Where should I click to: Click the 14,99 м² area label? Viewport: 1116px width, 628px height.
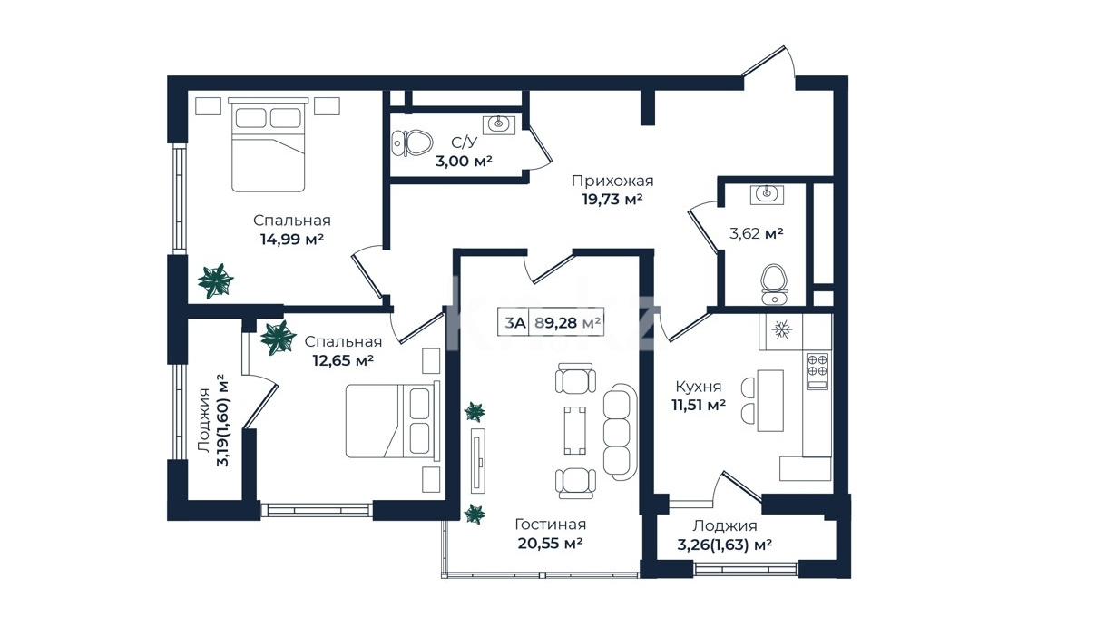click(292, 240)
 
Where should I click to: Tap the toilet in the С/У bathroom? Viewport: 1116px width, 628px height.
click(412, 143)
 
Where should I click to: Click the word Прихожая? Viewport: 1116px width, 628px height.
click(612, 181)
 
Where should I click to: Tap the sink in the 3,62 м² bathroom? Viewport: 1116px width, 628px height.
click(767, 194)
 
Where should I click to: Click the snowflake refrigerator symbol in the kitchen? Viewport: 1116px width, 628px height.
click(781, 330)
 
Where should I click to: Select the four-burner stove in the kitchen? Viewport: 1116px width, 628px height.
click(817, 371)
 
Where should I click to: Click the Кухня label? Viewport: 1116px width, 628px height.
click(698, 387)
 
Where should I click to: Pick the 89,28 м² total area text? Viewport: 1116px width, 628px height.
click(567, 323)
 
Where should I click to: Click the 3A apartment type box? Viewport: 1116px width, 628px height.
click(514, 323)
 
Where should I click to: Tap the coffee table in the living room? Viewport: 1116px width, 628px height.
click(574, 431)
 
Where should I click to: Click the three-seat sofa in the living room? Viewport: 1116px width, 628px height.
click(621, 432)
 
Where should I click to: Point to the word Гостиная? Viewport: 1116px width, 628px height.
click(550, 525)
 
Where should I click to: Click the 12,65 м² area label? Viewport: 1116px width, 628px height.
click(343, 360)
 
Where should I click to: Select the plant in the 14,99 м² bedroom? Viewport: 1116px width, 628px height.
click(215, 281)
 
